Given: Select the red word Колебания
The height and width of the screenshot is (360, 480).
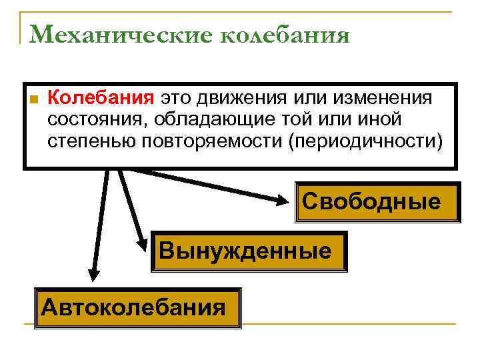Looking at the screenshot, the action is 101,98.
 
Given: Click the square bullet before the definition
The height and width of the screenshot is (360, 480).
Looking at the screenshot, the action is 33,99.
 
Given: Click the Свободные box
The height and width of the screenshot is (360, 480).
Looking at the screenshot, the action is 377,202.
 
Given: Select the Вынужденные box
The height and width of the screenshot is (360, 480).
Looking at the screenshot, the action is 249,251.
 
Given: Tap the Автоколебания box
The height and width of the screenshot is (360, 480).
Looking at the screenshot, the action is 137,308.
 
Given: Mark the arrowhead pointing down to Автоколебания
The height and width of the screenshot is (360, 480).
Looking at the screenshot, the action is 93,279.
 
